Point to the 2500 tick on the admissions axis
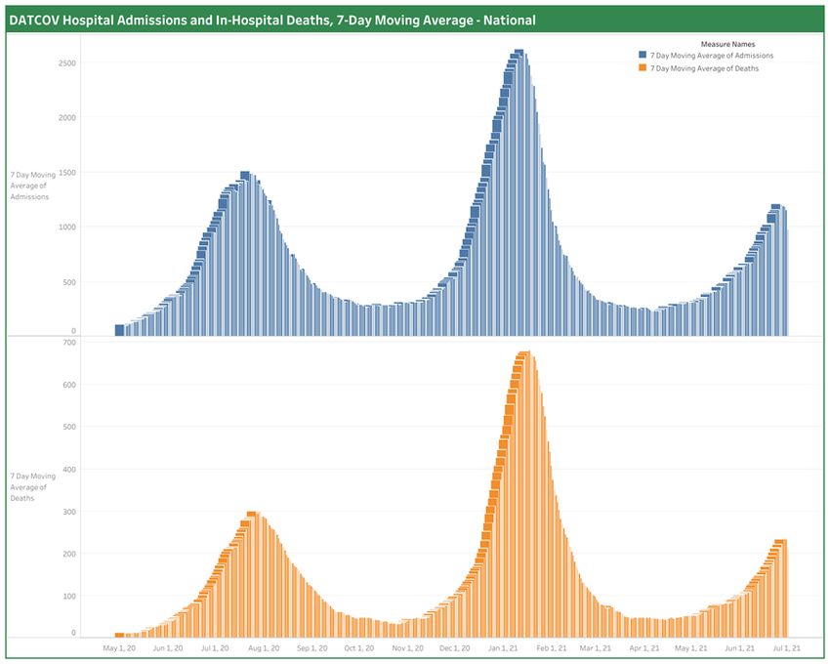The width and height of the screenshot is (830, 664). [x=67, y=62]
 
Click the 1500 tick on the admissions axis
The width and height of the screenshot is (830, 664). [x=67, y=172]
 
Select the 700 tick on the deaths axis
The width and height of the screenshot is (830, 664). [x=69, y=343]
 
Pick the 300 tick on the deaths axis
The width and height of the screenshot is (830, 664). [x=69, y=512]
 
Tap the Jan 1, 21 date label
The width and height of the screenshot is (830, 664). [x=505, y=647]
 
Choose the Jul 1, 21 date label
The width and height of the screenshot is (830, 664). [x=787, y=647]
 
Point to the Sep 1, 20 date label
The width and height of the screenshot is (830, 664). [x=311, y=647]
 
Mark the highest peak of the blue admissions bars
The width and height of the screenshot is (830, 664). [x=519, y=52]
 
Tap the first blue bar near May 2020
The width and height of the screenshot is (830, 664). [x=119, y=330]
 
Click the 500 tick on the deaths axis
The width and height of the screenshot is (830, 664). [x=69, y=427]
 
